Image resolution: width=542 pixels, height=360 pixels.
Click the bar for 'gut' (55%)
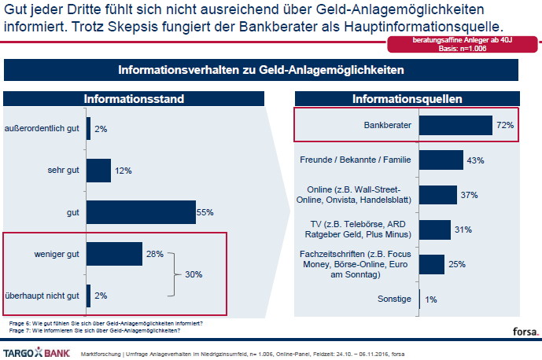click(x=141, y=212)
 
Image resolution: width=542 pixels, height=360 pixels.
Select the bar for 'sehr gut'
click(x=98, y=170)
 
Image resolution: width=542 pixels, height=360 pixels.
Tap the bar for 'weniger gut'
click(x=114, y=253)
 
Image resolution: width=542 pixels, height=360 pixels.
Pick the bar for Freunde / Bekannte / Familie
click(x=441, y=160)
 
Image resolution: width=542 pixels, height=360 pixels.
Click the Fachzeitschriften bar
click(x=432, y=263)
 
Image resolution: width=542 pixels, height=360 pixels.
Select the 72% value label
click(x=505, y=125)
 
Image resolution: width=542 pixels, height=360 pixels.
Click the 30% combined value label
click(x=194, y=274)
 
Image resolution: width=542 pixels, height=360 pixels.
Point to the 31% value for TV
click(x=464, y=230)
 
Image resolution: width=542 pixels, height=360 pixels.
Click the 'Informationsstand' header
click(x=134, y=99)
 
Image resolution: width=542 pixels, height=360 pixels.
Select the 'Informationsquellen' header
click(x=407, y=99)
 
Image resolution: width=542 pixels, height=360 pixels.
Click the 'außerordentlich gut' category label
click(x=42, y=128)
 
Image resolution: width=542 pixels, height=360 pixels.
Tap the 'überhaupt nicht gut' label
click(x=42, y=295)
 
